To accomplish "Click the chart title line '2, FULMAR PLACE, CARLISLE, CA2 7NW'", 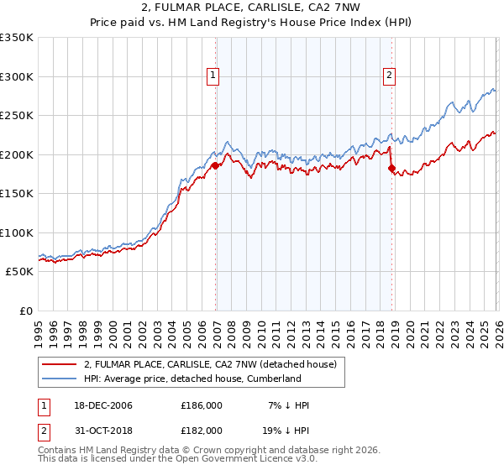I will (251, 8).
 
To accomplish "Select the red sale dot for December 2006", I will (215, 165).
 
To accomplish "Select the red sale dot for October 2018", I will (391, 169).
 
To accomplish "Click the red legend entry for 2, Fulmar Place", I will (210, 364).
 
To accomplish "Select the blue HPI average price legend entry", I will (192, 379).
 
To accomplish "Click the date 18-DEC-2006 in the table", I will (102, 405).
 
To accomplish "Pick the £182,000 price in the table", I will (202, 430).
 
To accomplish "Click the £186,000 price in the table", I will (202, 405).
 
